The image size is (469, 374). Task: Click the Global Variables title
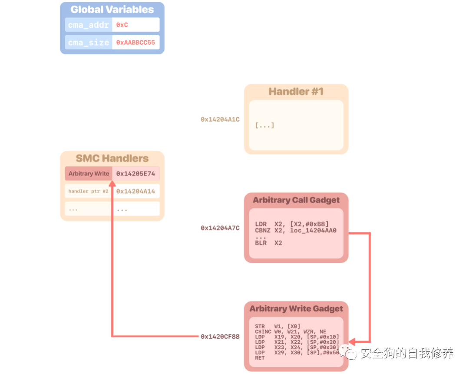pos(112,10)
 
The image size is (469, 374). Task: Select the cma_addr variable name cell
pos(89,25)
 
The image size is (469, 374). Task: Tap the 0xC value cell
pos(135,25)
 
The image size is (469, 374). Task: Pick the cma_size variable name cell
pos(89,43)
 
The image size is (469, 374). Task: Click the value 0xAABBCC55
pos(135,43)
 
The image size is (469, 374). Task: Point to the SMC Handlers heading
pos(112,159)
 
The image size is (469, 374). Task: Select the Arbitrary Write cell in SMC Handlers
pos(89,173)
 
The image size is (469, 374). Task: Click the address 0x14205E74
pos(135,173)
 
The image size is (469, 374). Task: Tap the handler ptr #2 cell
pos(89,191)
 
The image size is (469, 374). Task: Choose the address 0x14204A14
pos(135,191)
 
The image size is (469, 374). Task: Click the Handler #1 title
pos(296,92)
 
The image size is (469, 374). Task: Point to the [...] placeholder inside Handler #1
pos(264,126)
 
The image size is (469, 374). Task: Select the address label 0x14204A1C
pos(220,119)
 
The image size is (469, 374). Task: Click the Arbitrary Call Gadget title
pos(296,200)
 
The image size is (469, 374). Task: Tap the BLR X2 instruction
pos(268,243)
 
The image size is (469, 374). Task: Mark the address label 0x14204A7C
pos(220,228)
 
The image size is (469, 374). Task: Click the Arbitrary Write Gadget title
pos(296,309)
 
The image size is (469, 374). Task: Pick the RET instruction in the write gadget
pos(260,358)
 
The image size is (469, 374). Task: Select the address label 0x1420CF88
pos(220,336)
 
